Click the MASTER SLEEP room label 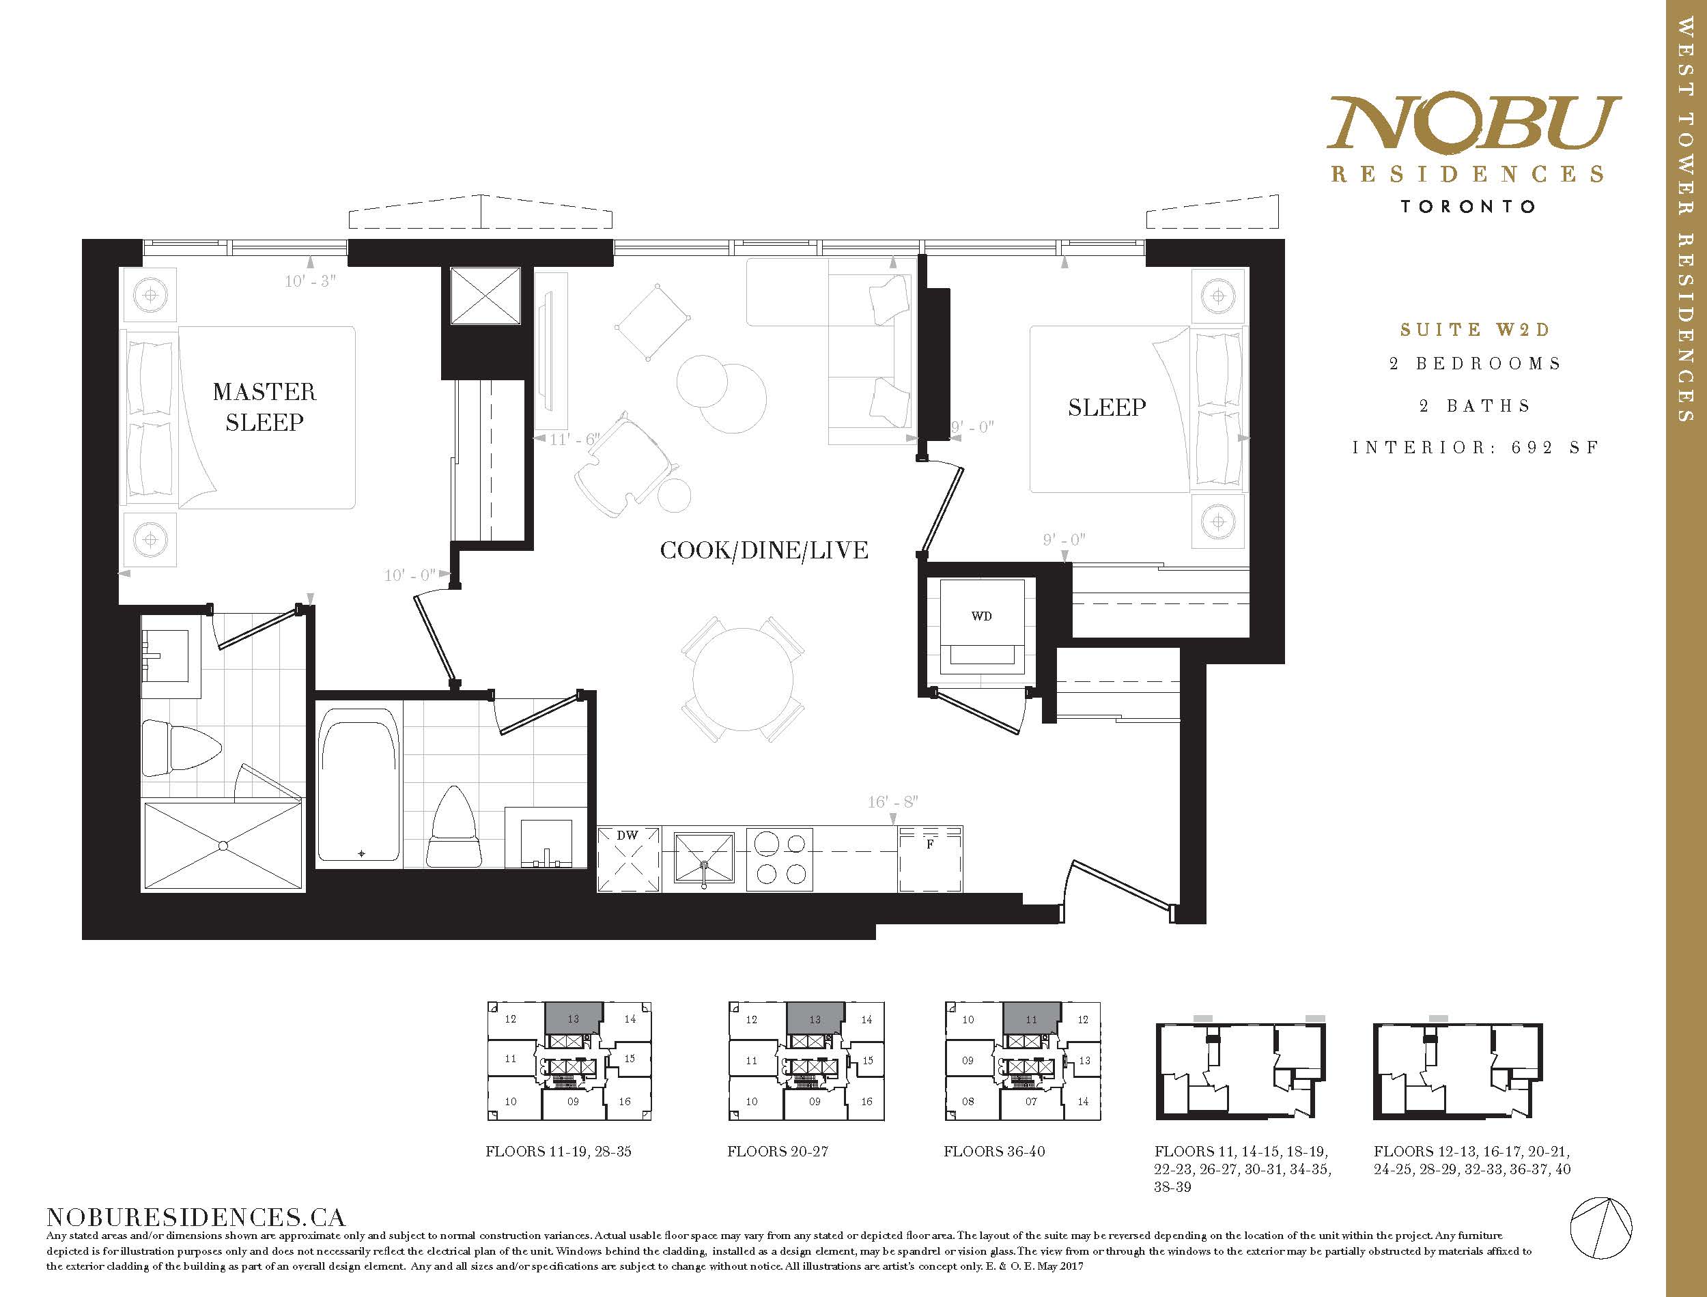point(264,407)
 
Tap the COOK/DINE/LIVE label point(763,550)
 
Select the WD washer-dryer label point(981,616)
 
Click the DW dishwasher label point(627,836)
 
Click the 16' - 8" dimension point(892,802)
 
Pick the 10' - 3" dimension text point(311,281)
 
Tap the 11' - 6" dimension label point(574,440)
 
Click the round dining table point(743,679)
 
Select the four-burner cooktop point(779,857)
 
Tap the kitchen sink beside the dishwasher point(704,857)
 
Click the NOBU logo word point(1473,122)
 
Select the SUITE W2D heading point(1475,330)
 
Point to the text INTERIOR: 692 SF point(1476,448)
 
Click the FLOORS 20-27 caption point(778,1151)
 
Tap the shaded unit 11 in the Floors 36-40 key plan point(1032,1018)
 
